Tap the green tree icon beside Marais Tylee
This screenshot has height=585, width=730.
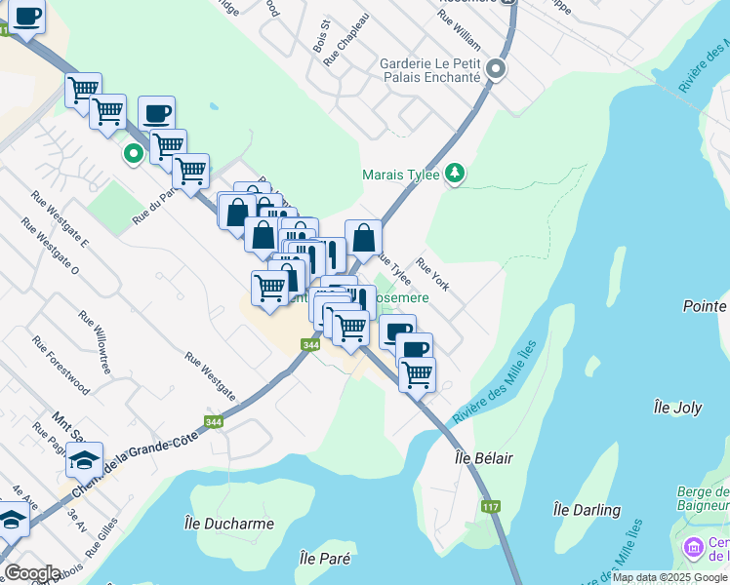(454, 175)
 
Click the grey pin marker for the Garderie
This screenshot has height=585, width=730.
(497, 69)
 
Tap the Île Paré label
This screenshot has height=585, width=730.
(325, 560)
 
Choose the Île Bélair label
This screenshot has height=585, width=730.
(484, 457)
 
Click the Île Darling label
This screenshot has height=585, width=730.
(587, 510)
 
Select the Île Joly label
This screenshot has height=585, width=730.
(677, 408)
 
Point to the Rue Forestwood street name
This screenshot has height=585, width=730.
(61, 366)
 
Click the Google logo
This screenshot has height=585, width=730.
(32, 573)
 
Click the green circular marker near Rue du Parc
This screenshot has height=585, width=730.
(133, 154)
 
